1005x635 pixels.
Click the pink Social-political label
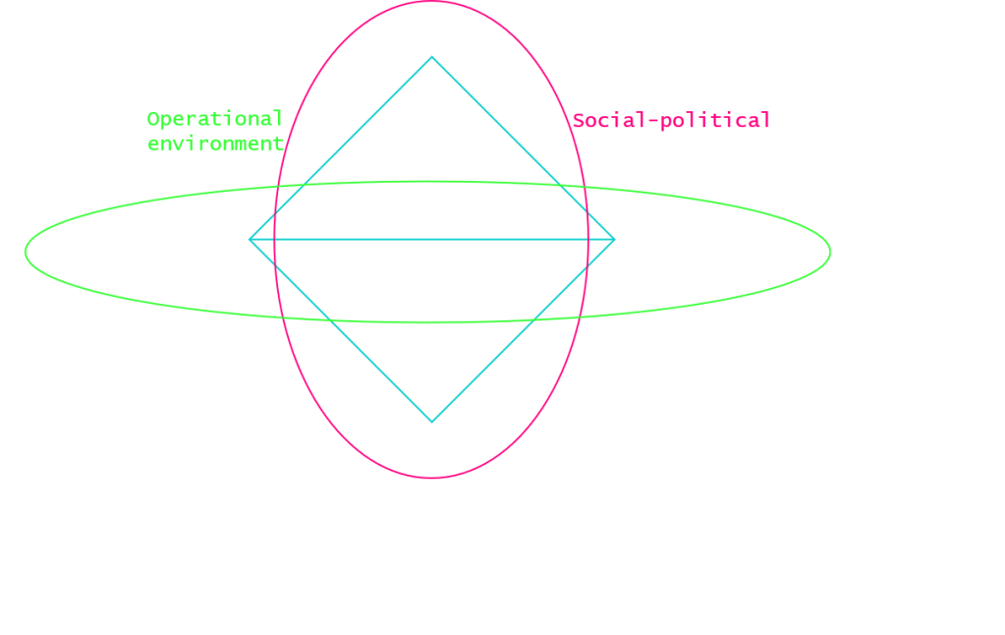click(x=672, y=121)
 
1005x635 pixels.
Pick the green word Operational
click(x=214, y=119)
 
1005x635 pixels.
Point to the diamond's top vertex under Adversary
click(x=431, y=58)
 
